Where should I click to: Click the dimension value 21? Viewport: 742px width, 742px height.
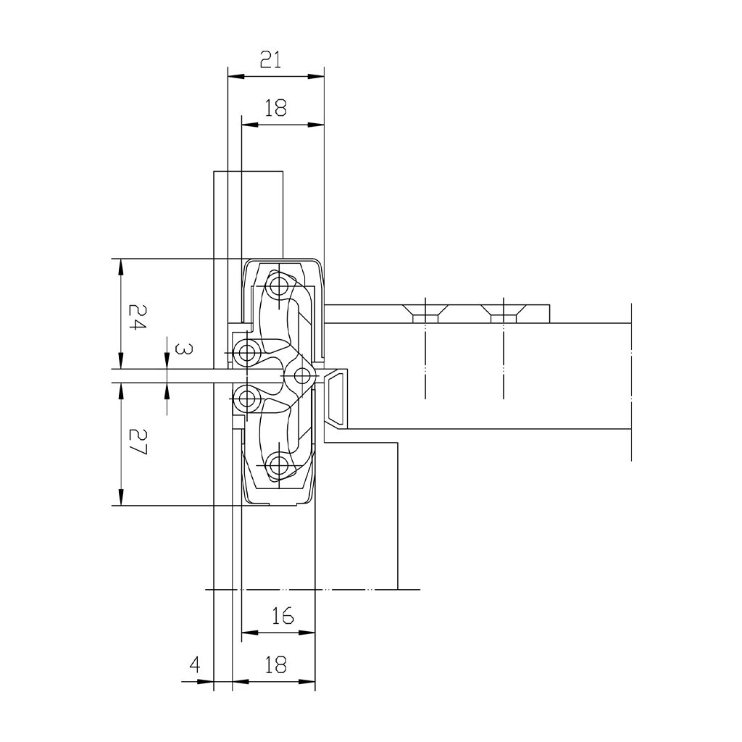pyautogui.click(x=271, y=60)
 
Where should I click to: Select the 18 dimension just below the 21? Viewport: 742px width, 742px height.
pyautogui.click(x=276, y=109)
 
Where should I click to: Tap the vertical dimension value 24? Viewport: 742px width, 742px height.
pyautogui.click(x=138, y=317)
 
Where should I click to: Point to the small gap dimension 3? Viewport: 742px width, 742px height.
pyautogui.click(x=183, y=349)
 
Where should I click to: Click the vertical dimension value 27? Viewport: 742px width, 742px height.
pyautogui.click(x=138, y=442)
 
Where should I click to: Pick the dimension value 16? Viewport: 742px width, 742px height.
pyautogui.click(x=283, y=616)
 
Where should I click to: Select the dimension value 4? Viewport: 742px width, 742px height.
pyautogui.click(x=194, y=665)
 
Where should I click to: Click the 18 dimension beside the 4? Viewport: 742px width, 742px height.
pyautogui.click(x=276, y=665)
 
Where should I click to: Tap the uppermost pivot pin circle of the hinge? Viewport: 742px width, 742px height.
pyautogui.click(x=279, y=285)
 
